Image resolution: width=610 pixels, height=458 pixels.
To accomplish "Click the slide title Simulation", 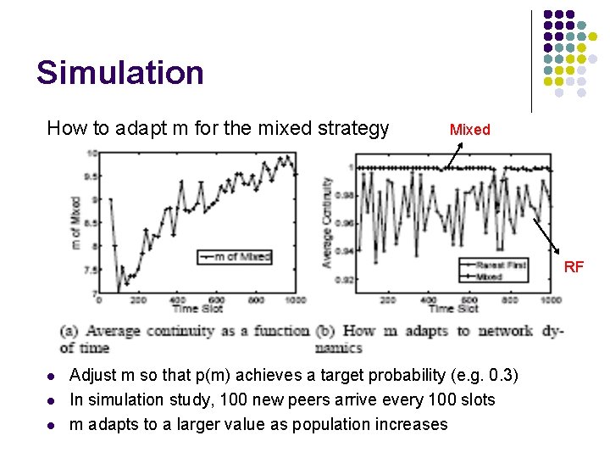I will click(119, 73).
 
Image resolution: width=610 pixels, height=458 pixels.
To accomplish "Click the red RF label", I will click(574, 267).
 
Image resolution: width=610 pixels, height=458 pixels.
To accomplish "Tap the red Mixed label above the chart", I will click(469, 130).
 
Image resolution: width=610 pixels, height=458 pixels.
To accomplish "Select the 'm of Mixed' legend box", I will click(234, 255).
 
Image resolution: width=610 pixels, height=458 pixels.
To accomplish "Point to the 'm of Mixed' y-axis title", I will click(75, 222).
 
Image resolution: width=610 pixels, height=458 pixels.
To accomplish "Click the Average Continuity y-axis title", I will click(327, 222).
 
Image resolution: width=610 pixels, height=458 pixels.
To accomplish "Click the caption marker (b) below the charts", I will click(328, 332).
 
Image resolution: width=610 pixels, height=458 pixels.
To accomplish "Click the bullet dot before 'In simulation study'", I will click(52, 400).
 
